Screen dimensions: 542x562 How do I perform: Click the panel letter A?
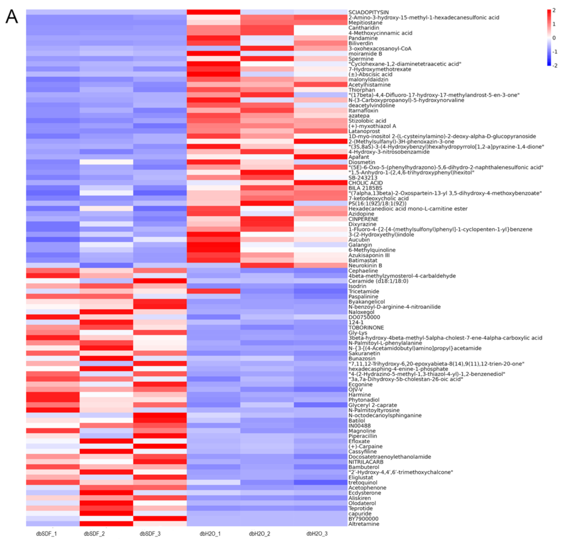(12, 17)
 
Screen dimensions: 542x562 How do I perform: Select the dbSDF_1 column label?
(46, 533)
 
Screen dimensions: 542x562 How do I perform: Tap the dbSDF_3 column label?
(150, 533)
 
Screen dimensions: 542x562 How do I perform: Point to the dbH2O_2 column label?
(259, 533)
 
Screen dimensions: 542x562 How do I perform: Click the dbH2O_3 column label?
(317, 533)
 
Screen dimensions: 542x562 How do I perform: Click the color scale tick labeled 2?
(554, 10)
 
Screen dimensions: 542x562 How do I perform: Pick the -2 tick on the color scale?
(554, 66)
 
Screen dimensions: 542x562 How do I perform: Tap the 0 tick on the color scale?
(554, 38)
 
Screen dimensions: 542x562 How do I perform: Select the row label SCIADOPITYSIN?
(368, 12)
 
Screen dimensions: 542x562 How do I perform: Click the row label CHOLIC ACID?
(365, 183)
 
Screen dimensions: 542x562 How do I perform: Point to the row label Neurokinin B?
(365, 265)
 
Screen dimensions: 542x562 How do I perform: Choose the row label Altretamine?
(364, 524)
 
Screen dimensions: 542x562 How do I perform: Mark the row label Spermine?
(361, 59)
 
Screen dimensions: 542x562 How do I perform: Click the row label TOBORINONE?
(366, 327)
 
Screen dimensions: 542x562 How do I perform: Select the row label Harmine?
(360, 395)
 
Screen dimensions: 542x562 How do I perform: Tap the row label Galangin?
(360, 245)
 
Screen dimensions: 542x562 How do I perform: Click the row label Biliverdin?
(360, 43)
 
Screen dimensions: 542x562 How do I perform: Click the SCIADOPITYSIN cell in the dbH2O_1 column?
(213, 12)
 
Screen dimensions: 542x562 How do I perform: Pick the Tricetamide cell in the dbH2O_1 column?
(213, 291)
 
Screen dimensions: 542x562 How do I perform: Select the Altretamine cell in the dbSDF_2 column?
(106, 524)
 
